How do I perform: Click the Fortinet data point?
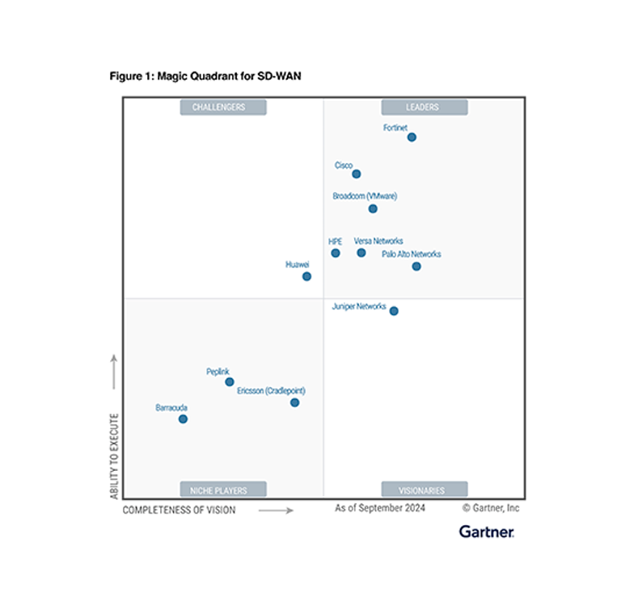[412, 137]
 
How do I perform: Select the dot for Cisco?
[357, 174]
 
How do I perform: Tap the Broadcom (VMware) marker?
[373, 208]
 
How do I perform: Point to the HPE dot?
[336, 253]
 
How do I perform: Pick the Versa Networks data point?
[361, 253]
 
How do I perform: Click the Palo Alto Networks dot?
[416, 266]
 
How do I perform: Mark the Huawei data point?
[307, 276]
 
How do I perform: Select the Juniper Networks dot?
[394, 311]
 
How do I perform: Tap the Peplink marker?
[230, 382]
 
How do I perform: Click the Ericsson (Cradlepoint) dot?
[295, 402]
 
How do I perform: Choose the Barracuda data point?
[183, 418]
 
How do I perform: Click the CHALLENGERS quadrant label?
[213, 107]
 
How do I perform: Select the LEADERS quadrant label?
[424, 107]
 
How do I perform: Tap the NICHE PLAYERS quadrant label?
[213, 489]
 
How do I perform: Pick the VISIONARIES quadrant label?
[424, 489]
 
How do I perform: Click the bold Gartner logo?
[487, 531]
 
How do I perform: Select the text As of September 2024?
[380, 508]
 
